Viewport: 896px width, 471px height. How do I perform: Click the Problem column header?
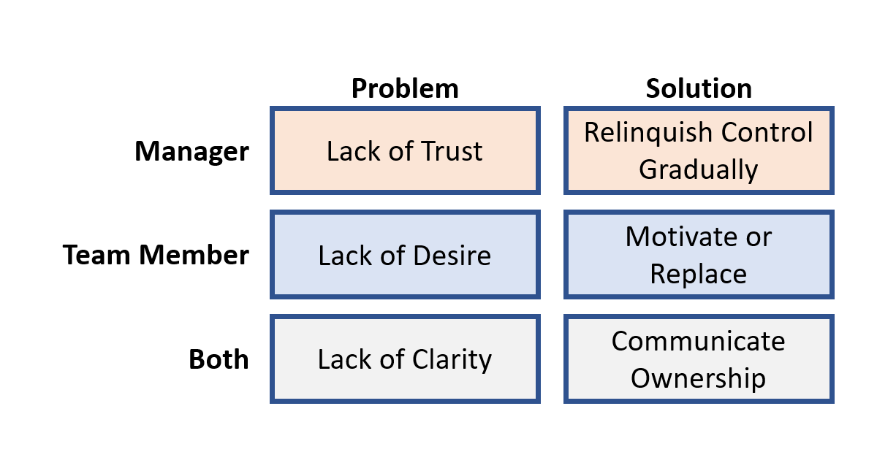[405, 89]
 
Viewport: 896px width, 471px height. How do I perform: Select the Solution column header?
[699, 88]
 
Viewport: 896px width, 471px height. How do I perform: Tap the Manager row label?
[192, 152]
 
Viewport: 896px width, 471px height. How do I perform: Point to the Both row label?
[219, 359]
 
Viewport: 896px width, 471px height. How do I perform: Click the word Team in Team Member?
[96, 255]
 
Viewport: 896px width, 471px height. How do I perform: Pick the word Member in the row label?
[194, 255]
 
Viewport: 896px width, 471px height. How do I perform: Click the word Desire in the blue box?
[452, 256]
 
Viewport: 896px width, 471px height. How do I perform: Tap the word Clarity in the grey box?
[452, 359]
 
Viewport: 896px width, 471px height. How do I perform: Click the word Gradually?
[699, 170]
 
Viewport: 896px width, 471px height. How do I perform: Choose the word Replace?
[699, 275]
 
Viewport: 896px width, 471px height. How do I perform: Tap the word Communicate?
[699, 342]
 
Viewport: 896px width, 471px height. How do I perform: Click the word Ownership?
[699, 379]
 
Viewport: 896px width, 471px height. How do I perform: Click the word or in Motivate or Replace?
[759, 238]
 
